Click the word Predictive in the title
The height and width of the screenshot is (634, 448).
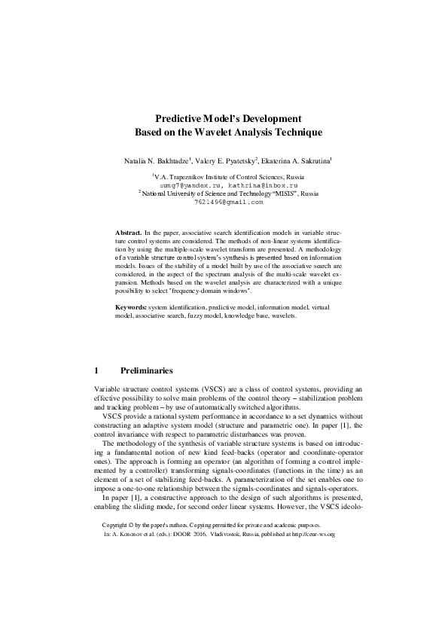179,118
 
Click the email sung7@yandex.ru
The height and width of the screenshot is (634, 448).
187,184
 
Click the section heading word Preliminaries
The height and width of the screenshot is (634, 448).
147,370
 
